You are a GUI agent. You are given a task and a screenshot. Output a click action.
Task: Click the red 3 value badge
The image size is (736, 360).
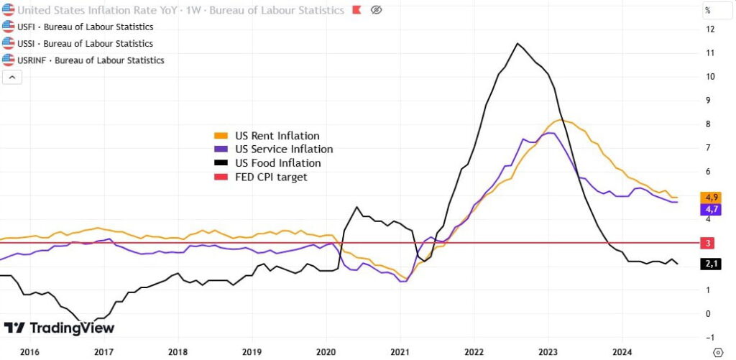[x=708, y=244]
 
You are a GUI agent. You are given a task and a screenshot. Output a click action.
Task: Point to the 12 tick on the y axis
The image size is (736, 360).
[x=709, y=29]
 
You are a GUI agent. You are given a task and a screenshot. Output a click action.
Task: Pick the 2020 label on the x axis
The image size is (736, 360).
[x=326, y=352]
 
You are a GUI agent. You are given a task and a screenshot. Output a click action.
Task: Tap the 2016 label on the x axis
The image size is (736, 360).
[x=29, y=352]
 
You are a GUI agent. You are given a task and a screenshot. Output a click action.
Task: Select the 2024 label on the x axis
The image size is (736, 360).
[x=622, y=352]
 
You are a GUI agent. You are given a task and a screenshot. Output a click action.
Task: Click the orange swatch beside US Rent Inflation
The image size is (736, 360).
[x=221, y=136]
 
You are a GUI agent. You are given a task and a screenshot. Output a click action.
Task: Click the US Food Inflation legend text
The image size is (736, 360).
[x=277, y=163]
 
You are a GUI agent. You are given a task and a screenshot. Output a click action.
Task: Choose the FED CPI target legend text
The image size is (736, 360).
[x=271, y=177]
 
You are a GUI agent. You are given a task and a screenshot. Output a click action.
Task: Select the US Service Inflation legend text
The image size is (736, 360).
[x=284, y=149]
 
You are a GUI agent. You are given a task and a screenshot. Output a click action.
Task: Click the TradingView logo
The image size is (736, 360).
[x=59, y=328]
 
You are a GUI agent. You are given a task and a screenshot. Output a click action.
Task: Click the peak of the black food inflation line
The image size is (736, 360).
[x=517, y=44]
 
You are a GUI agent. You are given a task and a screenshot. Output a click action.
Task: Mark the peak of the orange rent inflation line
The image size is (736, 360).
[x=561, y=120]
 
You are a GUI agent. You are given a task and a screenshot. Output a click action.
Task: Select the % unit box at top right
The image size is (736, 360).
[x=708, y=10]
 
